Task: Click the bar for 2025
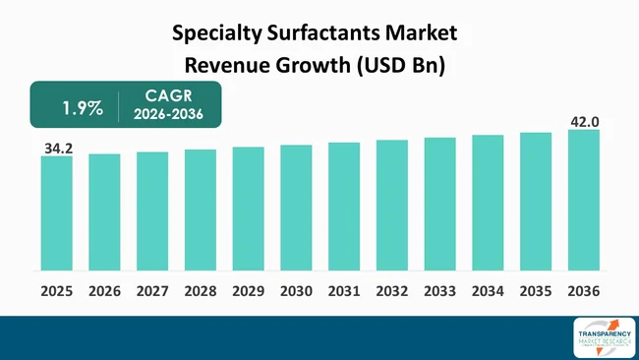click(x=56, y=212)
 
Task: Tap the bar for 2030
click(x=296, y=208)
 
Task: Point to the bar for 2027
click(x=152, y=210)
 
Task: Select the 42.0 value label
click(x=585, y=121)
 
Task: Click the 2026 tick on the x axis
click(x=104, y=291)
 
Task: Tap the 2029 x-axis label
click(x=248, y=291)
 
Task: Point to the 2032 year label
click(x=391, y=291)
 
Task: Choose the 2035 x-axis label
click(x=536, y=291)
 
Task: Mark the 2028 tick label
click(x=200, y=291)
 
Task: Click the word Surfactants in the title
click(x=295, y=33)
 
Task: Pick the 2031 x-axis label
click(x=344, y=291)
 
